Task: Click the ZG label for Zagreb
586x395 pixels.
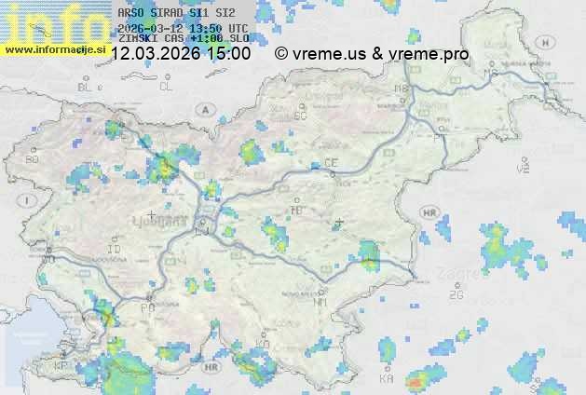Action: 456,295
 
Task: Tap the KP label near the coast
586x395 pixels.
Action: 61,366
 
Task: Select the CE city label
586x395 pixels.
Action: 331,163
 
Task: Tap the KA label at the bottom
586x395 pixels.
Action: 387,379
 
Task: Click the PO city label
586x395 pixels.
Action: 146,307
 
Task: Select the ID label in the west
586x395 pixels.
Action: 115,250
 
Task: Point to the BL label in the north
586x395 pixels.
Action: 87,87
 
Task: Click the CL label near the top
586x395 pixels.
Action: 166,87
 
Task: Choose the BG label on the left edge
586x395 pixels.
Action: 33,159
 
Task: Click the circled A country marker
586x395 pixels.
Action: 203,109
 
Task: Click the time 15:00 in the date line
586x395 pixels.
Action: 229,54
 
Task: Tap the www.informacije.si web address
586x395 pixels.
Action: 53,48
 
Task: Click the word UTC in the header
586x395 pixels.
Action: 238,28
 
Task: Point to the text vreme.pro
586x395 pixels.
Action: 429,54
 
